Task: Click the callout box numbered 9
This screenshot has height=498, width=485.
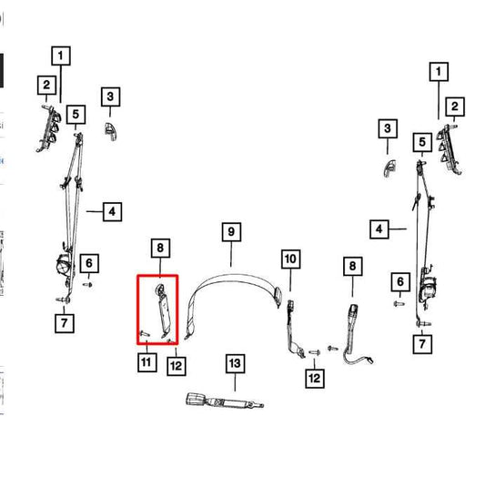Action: [231, 232]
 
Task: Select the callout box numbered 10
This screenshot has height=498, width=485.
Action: [291, 259]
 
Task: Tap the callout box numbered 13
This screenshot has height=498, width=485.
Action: [235, 363]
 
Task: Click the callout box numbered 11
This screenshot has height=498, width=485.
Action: [147, 362]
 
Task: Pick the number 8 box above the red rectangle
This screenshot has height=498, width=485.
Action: [160, 248]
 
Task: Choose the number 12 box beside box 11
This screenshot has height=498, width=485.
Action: [177, 366]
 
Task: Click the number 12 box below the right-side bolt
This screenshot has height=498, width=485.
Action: [315, 378]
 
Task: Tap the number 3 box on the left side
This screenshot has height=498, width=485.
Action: [110, 97]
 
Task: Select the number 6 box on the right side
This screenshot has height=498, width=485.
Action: [400, 281]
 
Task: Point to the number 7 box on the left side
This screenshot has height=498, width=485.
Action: [65, 323]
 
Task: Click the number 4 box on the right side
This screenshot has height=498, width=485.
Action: [379, 229]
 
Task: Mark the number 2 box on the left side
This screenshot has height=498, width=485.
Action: [46, 85]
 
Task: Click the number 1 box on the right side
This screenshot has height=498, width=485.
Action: [439, 71]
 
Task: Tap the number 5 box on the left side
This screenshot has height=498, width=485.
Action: [76, 114]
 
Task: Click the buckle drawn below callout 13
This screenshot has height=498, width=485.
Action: [224, 401]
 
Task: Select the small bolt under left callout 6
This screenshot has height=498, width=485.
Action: [87, 285]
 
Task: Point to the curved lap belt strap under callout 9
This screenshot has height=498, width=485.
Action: [232, 278]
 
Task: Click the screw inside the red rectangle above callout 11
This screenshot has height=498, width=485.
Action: [145, 333]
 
